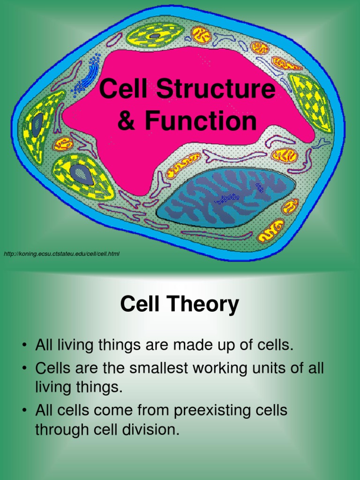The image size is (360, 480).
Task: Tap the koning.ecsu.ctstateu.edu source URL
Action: pos(61,254)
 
